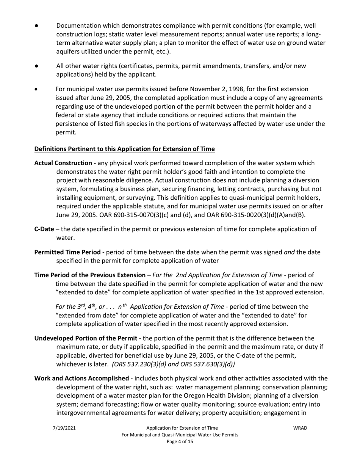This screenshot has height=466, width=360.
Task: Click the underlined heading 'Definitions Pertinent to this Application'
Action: [x=124, y=149]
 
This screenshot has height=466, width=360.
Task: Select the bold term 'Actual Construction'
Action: [x=63, y=163]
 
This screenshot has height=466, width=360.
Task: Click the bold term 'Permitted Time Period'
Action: [x=67, y=252]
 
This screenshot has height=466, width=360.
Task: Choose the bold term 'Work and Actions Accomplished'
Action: [x=81, y=378]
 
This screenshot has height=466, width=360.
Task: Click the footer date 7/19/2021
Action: [x=64, y=428]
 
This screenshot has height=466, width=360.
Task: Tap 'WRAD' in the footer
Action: [x=300, y=428]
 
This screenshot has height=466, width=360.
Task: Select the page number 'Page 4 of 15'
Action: [x=180, y=441]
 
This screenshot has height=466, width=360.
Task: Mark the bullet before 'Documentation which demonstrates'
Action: [x=36, y=26]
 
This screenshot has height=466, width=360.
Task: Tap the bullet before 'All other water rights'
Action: [x=36, y=66]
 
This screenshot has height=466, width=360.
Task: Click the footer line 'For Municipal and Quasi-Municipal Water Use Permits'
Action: [x=180, y=435]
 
